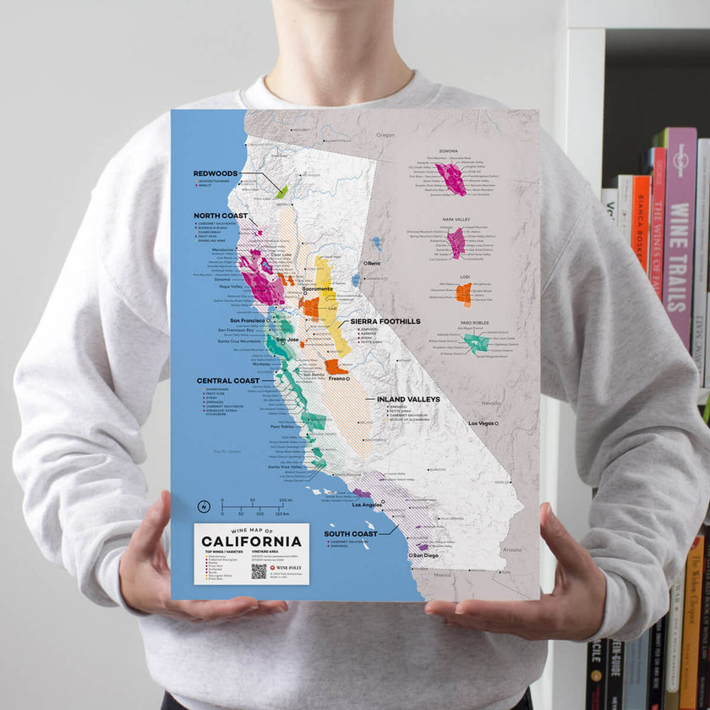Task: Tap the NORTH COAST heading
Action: [220, 215]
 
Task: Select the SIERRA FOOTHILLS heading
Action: [385, 322]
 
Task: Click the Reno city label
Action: [374, 264]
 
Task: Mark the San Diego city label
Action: [425, 555]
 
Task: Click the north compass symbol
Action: [203, 507]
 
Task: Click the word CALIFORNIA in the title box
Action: [252, 541]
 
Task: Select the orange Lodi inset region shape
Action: [463, 293]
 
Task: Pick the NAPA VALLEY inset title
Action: [456, 220]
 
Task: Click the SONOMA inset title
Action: [449, 151]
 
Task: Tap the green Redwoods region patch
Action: [282, 192]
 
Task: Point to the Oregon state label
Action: [385, 135]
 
